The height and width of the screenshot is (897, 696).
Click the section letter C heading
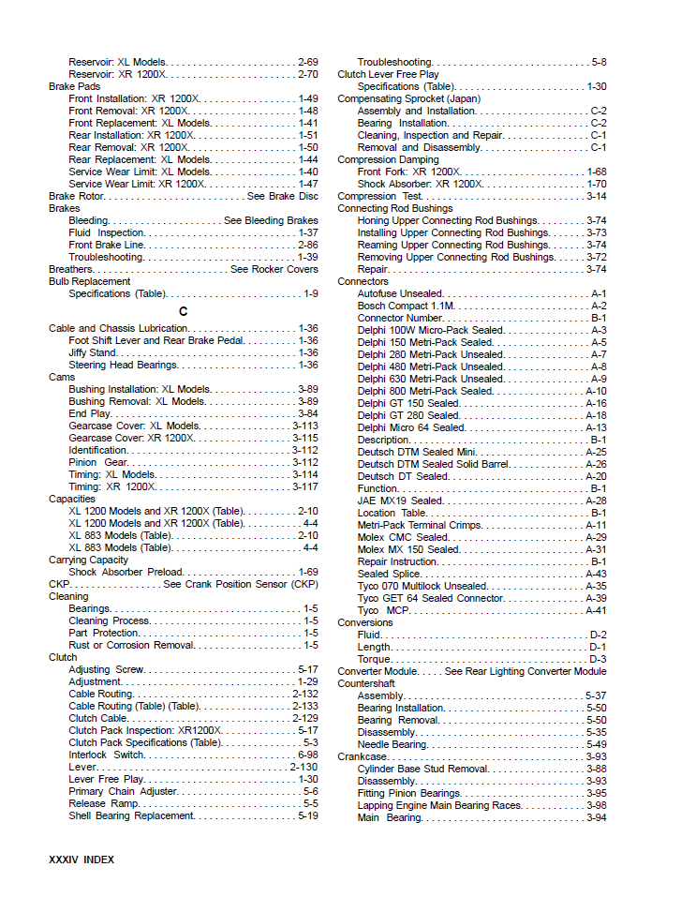[x=183, y=311]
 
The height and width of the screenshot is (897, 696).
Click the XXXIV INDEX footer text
[x=81, y=859]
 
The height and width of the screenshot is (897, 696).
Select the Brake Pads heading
[x=74, y=86]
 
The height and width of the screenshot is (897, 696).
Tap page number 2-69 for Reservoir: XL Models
[x=307, y=62]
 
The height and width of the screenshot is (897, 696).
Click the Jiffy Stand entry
[x=92, y=353]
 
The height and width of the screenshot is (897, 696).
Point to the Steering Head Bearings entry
[x=123, y=366]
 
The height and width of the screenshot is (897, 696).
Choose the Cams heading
[x=62, y=378]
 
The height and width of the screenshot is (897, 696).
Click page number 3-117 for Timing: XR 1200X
[x=304, y=487]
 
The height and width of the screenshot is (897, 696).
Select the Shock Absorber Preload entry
[x=126, y=573]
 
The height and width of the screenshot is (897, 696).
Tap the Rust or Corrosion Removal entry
[x=131, y=646]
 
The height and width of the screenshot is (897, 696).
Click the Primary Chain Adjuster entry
[x=124, y=792]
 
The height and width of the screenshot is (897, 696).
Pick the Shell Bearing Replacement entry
[x=131, y=816]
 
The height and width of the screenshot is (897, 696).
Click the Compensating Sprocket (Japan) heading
[x=408, y=98]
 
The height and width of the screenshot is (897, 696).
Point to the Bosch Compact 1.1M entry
[x=406, y=306]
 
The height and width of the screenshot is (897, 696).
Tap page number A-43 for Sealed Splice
[x=596, y=574]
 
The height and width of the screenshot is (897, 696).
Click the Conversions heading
[x=365, y=622]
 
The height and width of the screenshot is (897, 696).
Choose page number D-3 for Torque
[x=598, y=659]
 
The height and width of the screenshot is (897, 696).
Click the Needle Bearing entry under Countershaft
[x=392, y=744]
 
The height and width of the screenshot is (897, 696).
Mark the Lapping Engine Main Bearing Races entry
[x=439, y=805]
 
